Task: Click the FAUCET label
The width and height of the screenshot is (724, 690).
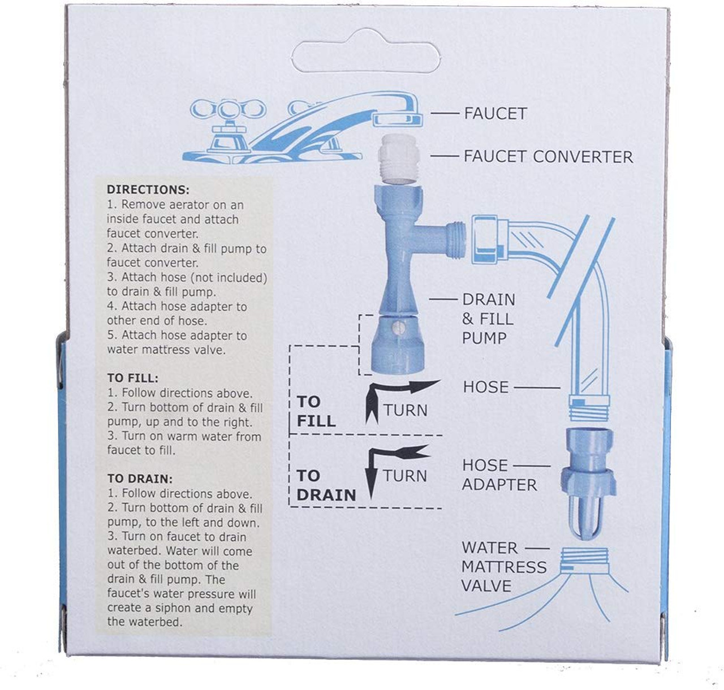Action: pos(495,113)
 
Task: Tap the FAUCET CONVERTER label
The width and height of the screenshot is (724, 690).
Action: pos(548,157)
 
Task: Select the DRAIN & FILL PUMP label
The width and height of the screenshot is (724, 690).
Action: pos(488,319)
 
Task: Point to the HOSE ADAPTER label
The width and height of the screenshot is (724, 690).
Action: pos(499,475)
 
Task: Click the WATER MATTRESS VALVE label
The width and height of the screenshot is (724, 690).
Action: pos(503,567)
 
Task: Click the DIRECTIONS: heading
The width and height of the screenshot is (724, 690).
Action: pos(148,190)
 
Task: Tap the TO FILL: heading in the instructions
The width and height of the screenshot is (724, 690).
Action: pos(133,378)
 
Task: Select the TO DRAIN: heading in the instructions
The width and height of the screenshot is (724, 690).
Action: pos(140,479)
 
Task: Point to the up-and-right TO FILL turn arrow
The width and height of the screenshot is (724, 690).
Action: pos(396,396)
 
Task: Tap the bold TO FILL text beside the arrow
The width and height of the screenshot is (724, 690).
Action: pos(316,411)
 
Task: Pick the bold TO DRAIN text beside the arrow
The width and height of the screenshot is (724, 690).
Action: pos(326,485)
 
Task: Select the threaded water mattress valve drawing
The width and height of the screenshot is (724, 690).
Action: pos(583,560)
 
